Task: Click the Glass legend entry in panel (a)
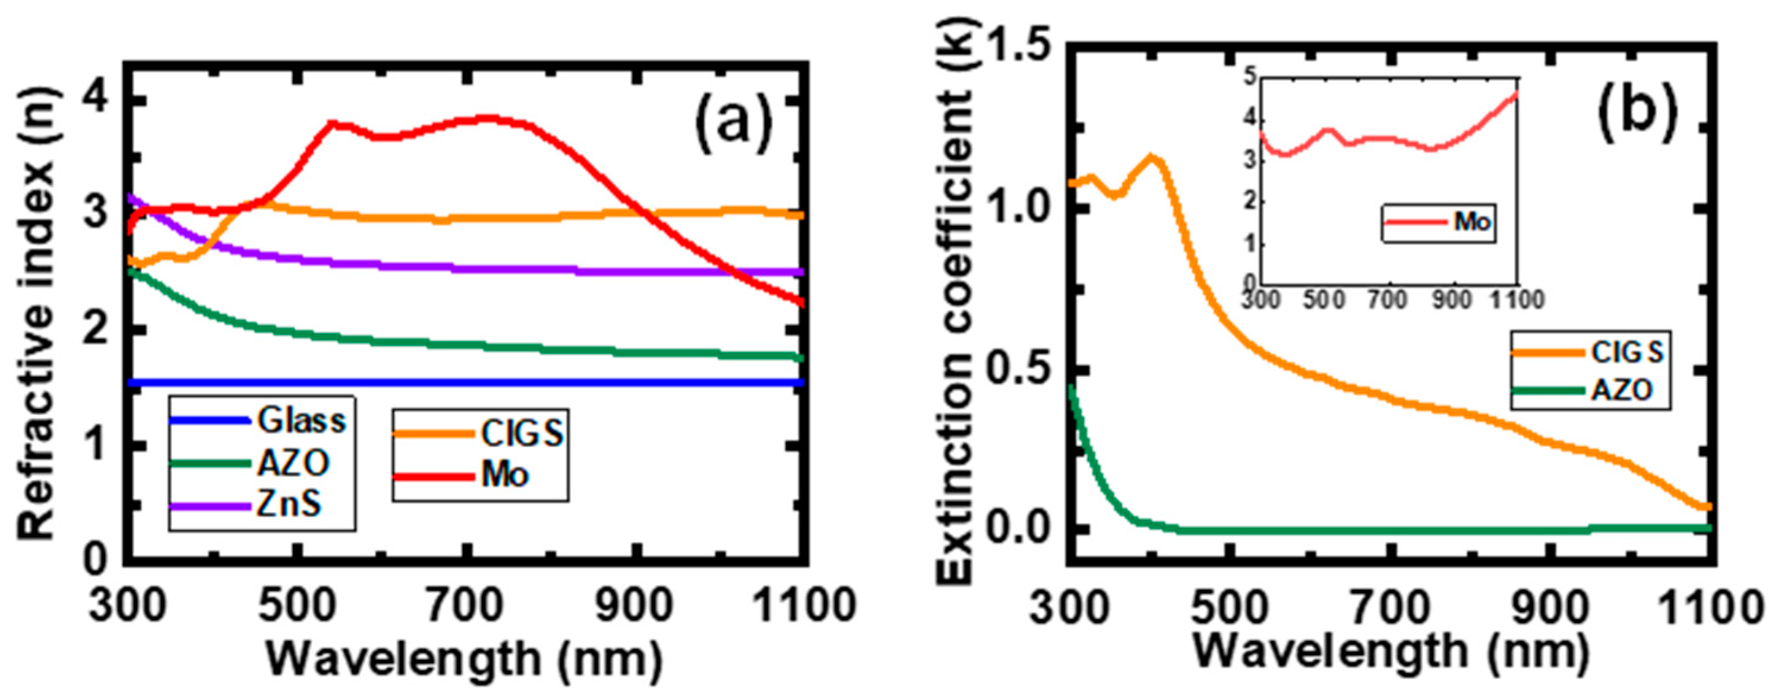pyautogui.click(x=300, y=420)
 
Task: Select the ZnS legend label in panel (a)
pyautogui.click(x=289, y=506)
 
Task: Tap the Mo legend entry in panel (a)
pyautogui.click(x=505, y=475)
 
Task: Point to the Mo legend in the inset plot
pyautogui.click(x=1470, y=222)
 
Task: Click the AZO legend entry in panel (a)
pyautogui.click(x=293, y=464)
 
